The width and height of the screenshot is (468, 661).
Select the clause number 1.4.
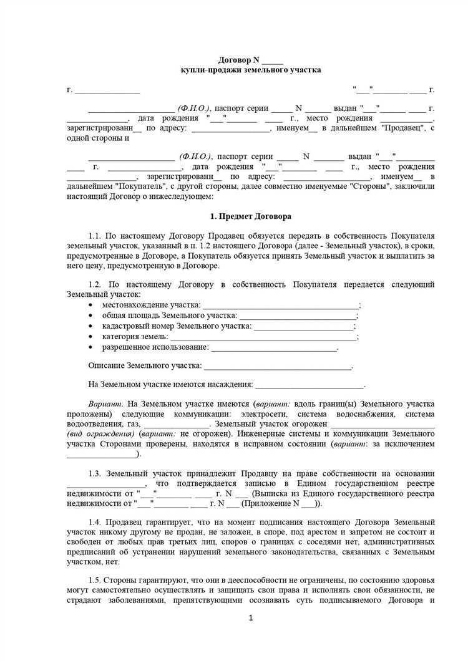click(95, 521)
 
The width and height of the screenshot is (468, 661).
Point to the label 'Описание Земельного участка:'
click(145, 365)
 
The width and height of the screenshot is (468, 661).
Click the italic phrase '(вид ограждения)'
click(102, 433)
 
